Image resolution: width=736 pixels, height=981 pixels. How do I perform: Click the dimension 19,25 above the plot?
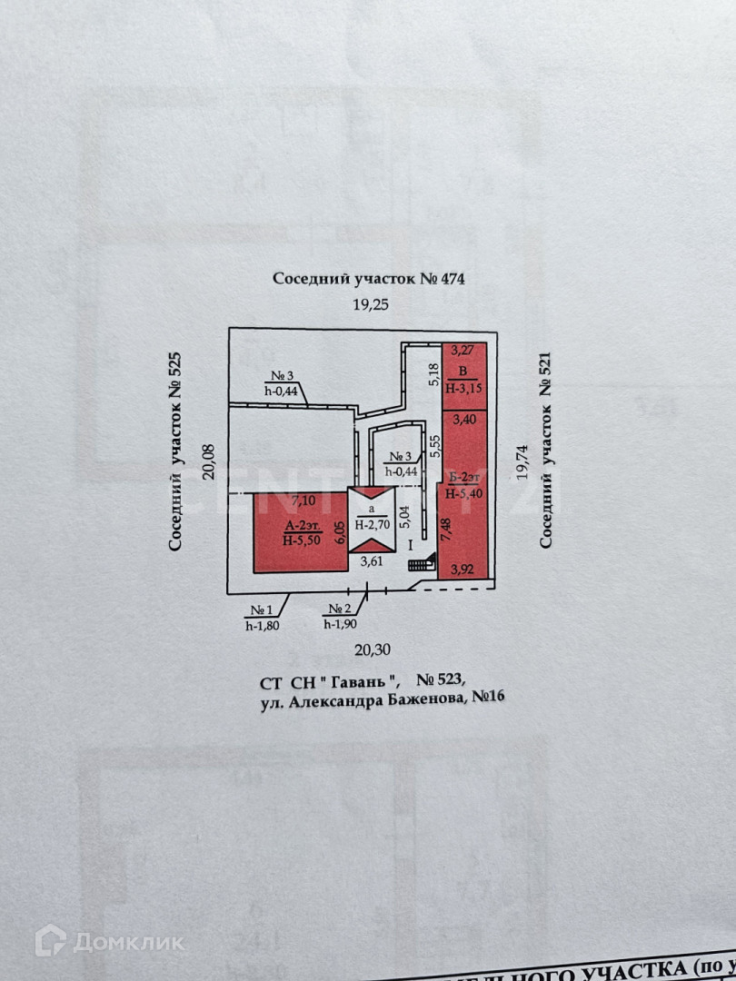[371, 305]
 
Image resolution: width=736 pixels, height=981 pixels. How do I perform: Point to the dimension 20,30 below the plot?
[371, 649]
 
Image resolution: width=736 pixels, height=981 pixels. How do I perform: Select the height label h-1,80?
[263, 624]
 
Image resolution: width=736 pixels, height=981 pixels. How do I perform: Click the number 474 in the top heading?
[451, 279]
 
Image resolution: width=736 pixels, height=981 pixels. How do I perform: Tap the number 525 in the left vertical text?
[176, 372]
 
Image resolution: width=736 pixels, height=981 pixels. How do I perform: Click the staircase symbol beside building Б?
[421, 564]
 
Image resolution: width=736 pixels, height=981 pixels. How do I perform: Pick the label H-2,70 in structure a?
[373, 524]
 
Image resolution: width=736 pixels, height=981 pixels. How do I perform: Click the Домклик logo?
[109, 941]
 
